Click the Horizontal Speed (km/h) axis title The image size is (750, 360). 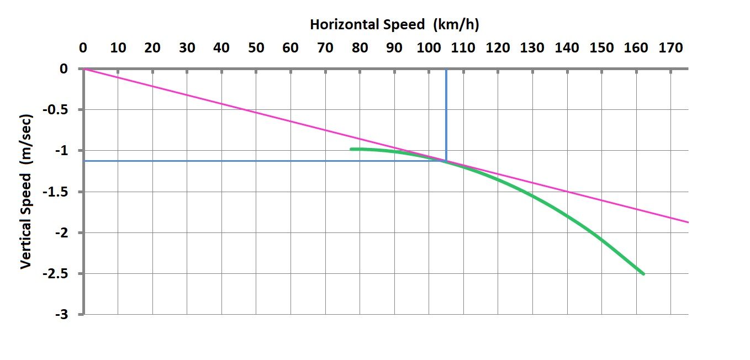point(394,24)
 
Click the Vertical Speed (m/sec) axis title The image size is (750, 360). point(25,192)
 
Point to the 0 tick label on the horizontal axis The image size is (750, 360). point(83,48)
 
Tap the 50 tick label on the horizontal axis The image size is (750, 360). point(256,48)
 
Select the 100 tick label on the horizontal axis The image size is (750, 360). point(428,48)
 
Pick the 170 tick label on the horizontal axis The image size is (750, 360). point(670,48)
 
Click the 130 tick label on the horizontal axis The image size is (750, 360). point(532,48)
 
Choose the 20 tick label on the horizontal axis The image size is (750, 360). point(152,48)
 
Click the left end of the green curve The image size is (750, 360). point(351,149)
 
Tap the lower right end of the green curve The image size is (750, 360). point(643,274)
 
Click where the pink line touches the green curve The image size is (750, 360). point(445,161)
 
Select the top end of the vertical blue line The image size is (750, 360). point(446,70)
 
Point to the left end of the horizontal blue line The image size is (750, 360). point(85,161)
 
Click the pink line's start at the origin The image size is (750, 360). point(84,69)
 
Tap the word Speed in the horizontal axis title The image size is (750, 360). point(407,24)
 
